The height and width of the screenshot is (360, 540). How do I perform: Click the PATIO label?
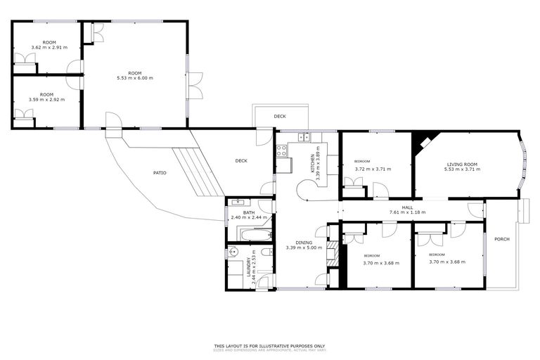click(x=160, y=172)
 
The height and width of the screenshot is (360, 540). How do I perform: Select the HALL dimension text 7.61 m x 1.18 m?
click(x=407, y=212)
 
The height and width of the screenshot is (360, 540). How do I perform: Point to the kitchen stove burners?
click(x=281, y=150)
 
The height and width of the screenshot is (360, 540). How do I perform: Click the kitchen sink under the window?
click(x=303, y=136)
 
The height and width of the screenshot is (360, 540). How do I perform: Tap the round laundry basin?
click(x=234, y=251)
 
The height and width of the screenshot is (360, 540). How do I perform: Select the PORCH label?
click(x=501, y=239)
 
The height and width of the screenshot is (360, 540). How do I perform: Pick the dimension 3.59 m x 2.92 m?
click(x=46, y=100)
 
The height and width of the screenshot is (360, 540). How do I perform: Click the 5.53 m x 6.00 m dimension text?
click(x=134, y=77)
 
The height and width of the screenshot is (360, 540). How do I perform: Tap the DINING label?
click(x=304, y=243)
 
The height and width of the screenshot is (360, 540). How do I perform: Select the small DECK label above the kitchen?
click(x=280, y=116)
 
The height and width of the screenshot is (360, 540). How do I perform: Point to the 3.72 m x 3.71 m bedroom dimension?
click(x=373, y=169)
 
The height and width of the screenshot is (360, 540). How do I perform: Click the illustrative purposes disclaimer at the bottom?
click(x=270, y=346)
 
